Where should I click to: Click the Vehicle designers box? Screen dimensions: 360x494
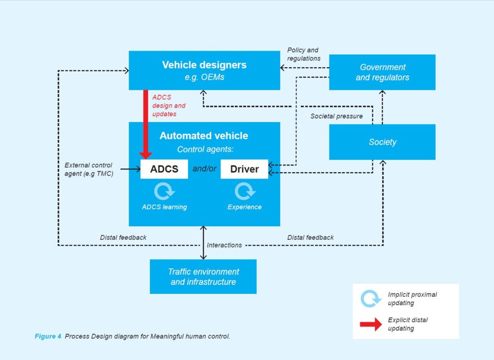tap(204, 70)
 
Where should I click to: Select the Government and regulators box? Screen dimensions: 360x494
tap(382, 72)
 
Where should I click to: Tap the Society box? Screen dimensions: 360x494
tap(382, 142)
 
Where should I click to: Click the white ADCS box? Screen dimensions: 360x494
tap(164, 169)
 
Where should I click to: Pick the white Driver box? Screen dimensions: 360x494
tap(244, 169)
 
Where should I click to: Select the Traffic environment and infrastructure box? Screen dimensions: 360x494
tap(203, 277)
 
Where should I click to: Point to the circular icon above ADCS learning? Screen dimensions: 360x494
tap(164, 191)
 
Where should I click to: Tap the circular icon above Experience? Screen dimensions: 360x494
tap(244, 191)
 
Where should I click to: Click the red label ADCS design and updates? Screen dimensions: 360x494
tap(168, 106)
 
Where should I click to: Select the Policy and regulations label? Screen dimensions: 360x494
tap(303, 54)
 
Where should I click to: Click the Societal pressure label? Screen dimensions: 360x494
tap(336, 116)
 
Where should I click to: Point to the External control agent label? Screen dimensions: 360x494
tap(88, 169)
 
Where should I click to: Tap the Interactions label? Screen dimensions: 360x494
tap(224, 245)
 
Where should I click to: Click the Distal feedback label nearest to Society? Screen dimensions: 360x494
tap(310, 237)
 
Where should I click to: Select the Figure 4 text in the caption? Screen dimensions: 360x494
tap(47, 336)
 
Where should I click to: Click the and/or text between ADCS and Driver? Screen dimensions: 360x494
tap(204, 169)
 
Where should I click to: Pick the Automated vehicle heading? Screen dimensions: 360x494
tap(204, 136)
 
